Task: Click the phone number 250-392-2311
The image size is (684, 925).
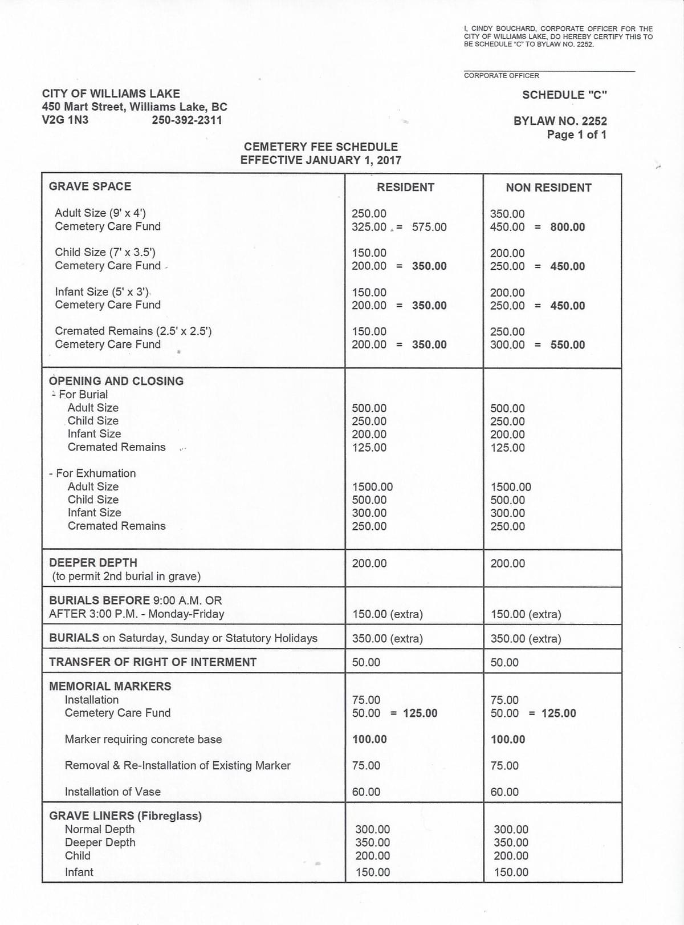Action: coord(187,120)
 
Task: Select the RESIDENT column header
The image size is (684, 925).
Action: coord(405,187)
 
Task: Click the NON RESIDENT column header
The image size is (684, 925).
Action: coord(548,188)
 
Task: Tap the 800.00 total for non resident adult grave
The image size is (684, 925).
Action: coord(567,227)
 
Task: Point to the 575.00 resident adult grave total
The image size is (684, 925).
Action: coord(429,227)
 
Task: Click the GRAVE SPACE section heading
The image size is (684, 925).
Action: coord(90,186)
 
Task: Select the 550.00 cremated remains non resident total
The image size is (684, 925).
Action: coord(567,345)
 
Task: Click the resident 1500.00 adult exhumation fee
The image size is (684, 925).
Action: coord(372,487)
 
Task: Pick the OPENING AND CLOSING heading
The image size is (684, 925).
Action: coord(116,381)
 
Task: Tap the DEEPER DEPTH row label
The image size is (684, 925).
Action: coord(93,563)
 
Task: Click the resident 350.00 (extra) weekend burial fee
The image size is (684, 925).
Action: coord(387,639)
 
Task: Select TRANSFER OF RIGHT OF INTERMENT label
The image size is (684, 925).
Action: coord(153,662)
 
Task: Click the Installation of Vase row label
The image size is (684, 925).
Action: coord(112,792)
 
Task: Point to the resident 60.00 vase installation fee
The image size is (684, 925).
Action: coord(366,792)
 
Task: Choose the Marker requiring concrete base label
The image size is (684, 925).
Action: coord(143,739)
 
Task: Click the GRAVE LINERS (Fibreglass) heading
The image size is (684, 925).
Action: coord(125,816)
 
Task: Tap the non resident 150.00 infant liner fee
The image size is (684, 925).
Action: coord(511,872)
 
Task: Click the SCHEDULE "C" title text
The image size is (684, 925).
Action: coord(564,95)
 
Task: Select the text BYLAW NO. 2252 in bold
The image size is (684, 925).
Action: coord(560,121)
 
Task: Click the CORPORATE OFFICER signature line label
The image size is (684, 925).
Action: coord(501,75)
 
